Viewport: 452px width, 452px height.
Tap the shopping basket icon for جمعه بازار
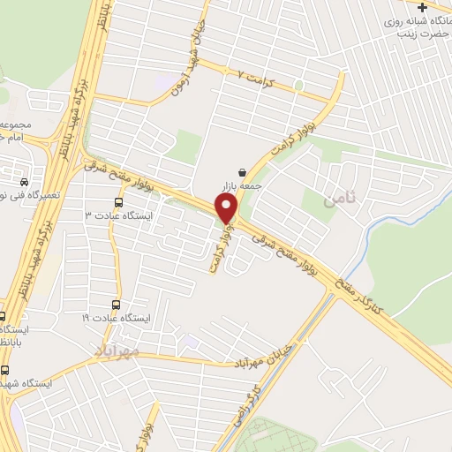(x=242, y=173)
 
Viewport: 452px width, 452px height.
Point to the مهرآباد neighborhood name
(x=118, y=352)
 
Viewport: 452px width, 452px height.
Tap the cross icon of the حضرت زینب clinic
(x=421, y=8)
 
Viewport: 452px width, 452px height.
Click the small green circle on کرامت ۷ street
(x=299, y=86)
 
